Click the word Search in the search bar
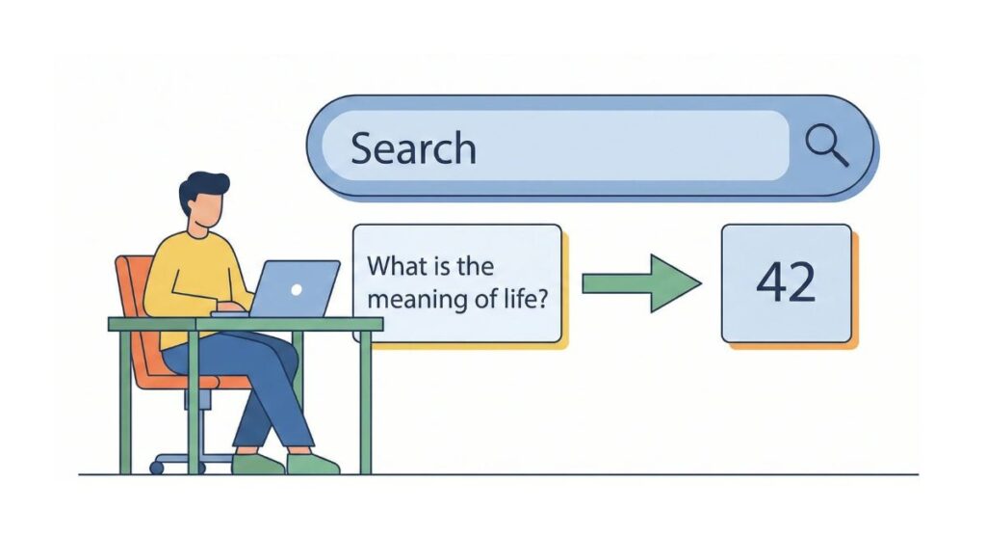413,148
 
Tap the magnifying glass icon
826,146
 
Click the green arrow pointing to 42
641,282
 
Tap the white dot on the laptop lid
297,288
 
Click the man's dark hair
203,187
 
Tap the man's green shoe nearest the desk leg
313,464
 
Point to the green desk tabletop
241,324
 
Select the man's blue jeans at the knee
279,357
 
